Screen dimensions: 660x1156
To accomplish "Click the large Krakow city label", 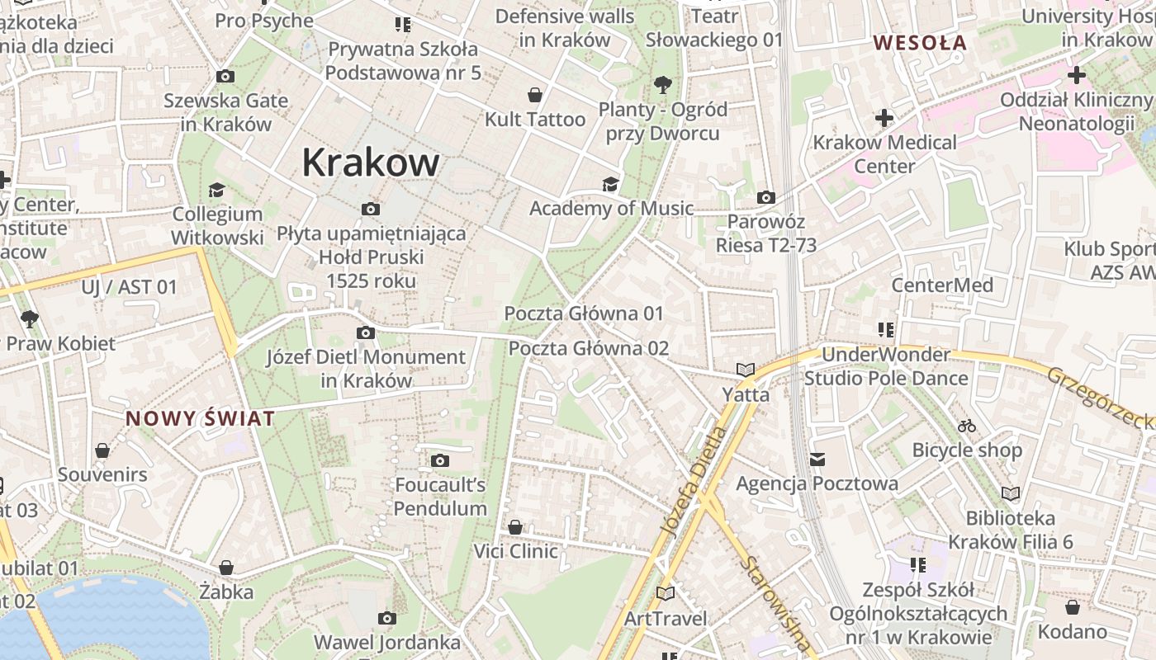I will coord(370,162).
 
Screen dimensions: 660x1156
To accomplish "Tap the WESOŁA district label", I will coord(920,43).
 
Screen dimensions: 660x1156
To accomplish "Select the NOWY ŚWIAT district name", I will coord(200,418).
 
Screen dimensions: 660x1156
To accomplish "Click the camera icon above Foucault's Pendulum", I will coord(440,460).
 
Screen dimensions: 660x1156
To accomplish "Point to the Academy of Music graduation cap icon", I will coord(610,184).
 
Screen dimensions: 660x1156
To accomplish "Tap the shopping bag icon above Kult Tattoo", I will coord(535,95).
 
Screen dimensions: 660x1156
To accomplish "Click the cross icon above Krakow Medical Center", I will coord(884,118).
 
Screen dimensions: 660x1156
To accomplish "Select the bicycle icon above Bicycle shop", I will coord(967,426).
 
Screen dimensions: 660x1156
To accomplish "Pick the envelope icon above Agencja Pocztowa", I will coord(817,459).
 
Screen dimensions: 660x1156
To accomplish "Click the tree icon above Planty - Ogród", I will coord(661,84).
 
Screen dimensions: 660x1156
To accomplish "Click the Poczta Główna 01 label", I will coord(584,313).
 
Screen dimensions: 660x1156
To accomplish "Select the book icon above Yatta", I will coord(746,370).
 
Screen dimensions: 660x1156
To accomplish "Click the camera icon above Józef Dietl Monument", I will coord(365,332).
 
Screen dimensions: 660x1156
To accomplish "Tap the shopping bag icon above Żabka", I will coord(226,568).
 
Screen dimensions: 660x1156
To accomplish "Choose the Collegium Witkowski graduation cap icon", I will coord(216,190).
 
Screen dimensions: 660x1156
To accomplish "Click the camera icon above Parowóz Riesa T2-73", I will coord(766,197).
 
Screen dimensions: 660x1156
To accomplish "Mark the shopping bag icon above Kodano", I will coord(1072,607).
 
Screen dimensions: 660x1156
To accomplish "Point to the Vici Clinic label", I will coord(515,550).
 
